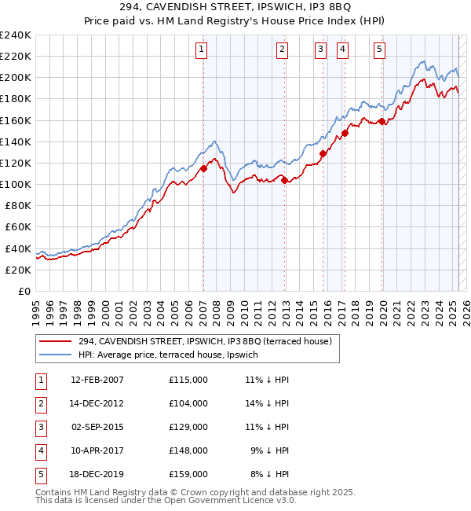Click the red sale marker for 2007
point(203,168)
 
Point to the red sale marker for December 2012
point(283,180)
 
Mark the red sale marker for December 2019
point(382,121)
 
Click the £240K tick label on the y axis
point(16,35)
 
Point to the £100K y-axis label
point(16,184)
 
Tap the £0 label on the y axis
point(24,291)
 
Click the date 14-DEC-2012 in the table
point(97,403)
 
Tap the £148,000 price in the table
point(188,450)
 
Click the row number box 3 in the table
point(39,427)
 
